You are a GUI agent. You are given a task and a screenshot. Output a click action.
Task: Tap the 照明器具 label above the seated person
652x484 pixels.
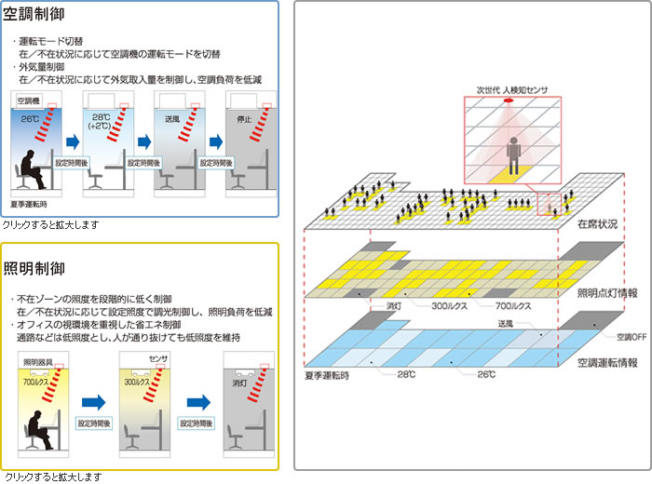click(37, 360)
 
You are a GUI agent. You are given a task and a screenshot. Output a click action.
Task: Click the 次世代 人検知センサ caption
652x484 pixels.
click(511, 90)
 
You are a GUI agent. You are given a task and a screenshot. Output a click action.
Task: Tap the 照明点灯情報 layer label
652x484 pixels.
click(607, 292)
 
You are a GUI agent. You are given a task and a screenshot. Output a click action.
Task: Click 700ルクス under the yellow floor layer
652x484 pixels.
click(514, 305)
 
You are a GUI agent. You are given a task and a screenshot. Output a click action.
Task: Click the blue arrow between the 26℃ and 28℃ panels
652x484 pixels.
click(71, 142)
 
